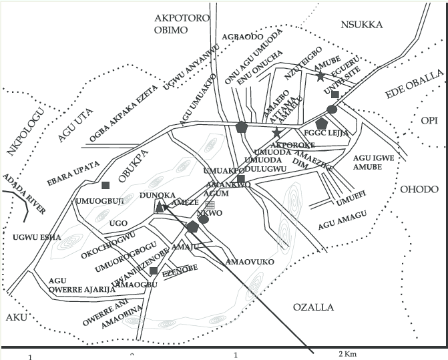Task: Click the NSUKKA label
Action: point(361,25)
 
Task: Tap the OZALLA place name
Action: point(312,307)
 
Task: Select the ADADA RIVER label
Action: point(24,194)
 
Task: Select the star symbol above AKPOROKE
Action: point(277,132)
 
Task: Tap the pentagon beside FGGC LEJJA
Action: point(321,124)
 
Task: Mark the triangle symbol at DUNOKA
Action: point(160,208)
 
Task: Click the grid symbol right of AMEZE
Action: point(210,206)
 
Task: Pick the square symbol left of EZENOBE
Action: point(154,271)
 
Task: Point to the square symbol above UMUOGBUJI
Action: point(105,185)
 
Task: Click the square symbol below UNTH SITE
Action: point(335,95)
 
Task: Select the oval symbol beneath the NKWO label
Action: point(204,219)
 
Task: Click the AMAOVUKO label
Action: point(250,262)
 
